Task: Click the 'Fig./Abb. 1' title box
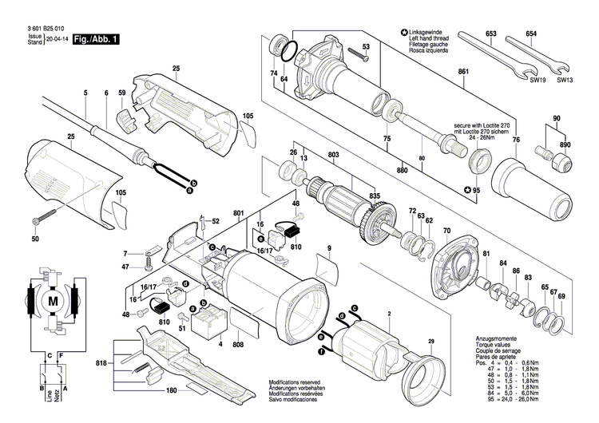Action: point(96,38)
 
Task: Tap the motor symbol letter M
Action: point(54,301)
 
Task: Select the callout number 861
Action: point(462,73)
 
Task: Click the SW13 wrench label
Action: point(564,80)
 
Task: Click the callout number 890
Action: point(565,145)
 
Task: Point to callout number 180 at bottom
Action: point(171,391)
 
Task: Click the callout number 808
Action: point(237,345)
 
